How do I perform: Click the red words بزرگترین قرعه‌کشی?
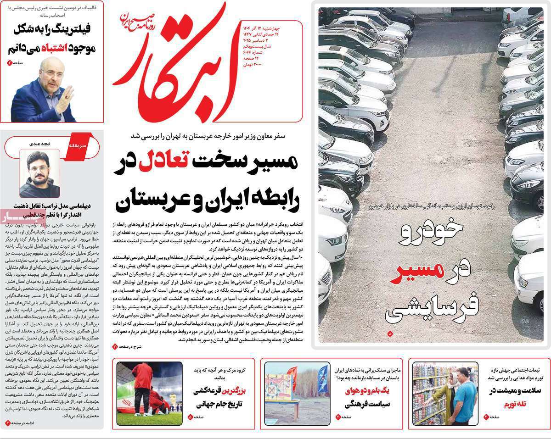[x=215, y=391]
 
